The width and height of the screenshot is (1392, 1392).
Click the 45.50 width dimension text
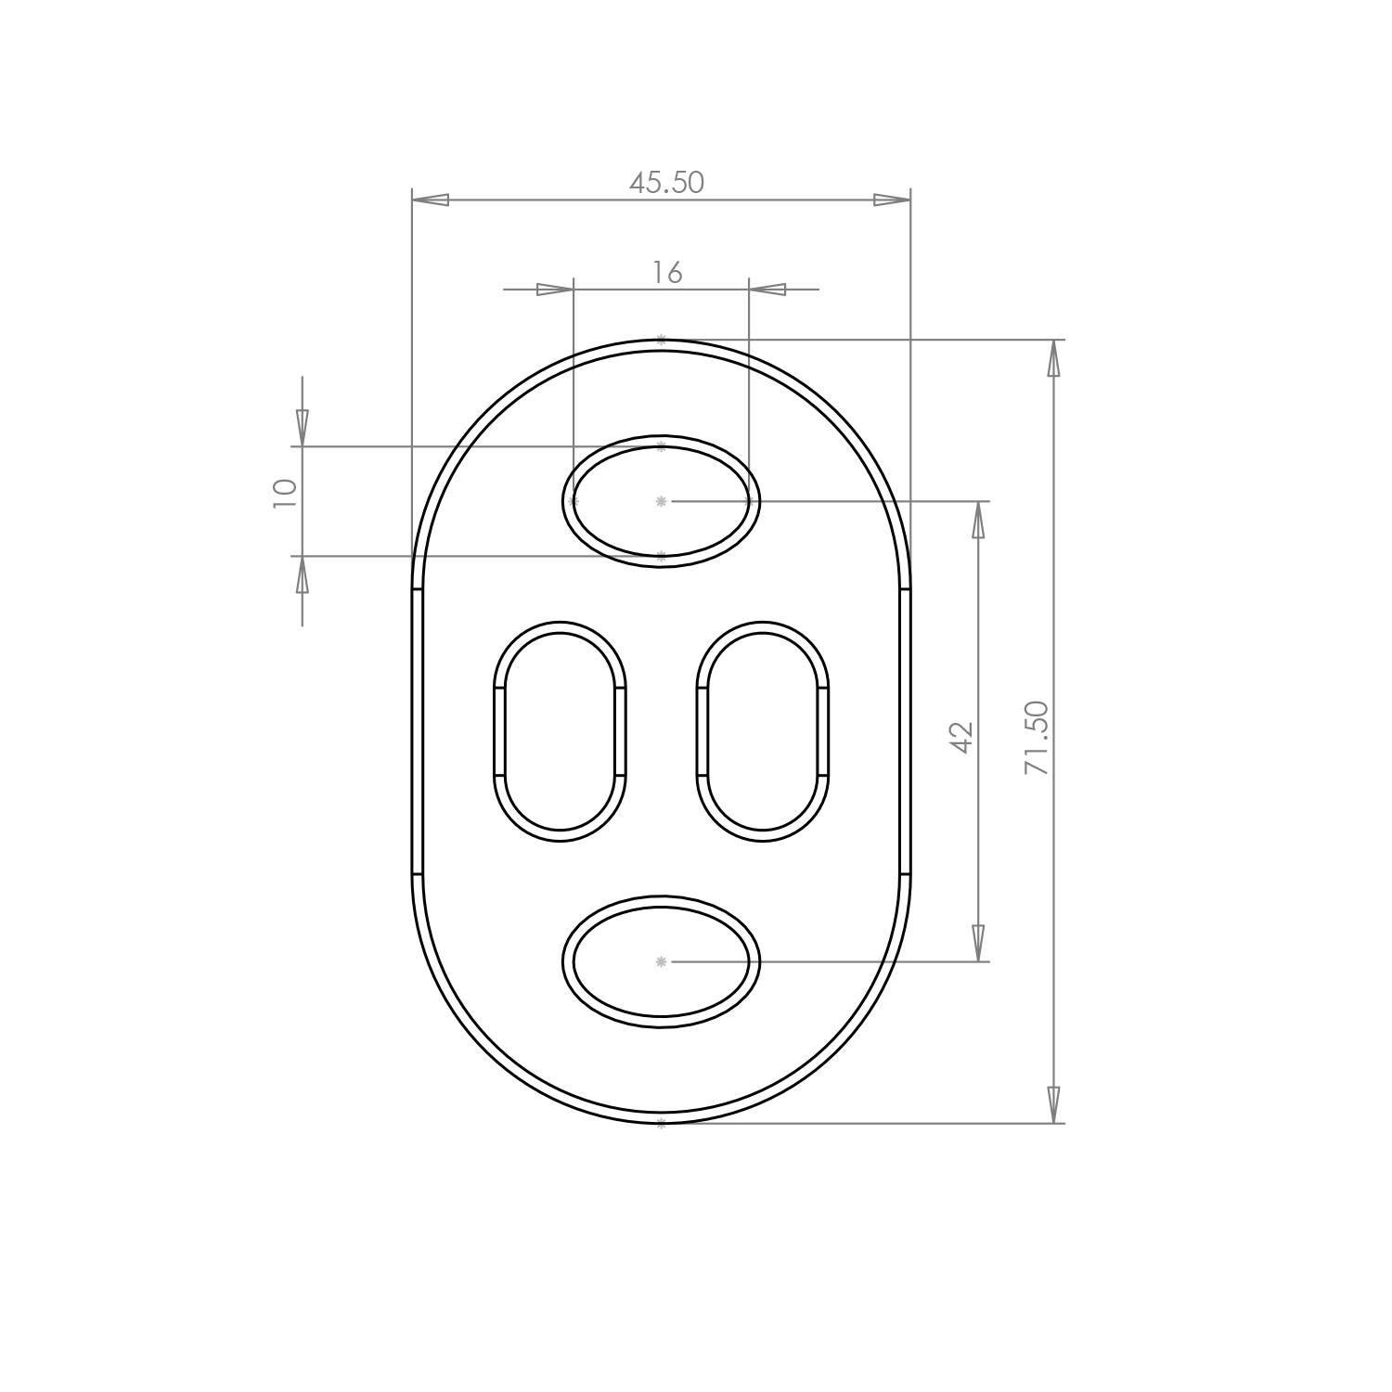pyautogui.click(x=666, y=183)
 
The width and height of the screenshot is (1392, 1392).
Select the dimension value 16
pyautogui.click(x=666, y=273)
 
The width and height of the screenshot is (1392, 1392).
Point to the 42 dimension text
pyautogui.click(x=962, y=737)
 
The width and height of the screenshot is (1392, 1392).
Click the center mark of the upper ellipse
pyautogui.click(x=661, y=501)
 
